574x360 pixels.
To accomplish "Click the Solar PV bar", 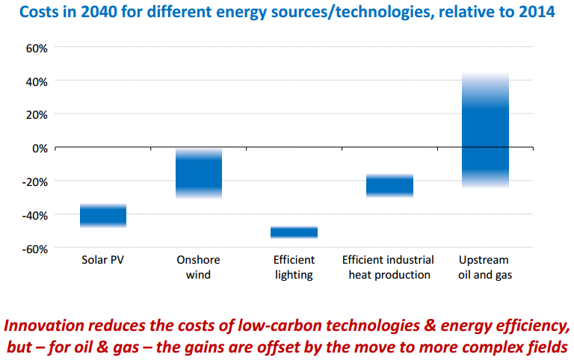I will pyautogui.click(x=103, y=215).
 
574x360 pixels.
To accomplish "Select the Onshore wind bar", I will pyautogui.click(x=198, y=173).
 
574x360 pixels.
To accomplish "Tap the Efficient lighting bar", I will pyautogui.click(x=294, y=232).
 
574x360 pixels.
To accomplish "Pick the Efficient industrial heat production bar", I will pyautogui.click(x=389, y=185).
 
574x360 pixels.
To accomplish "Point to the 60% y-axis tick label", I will pyautogui.click(x=37, y=47).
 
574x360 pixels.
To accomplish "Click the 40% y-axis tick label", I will pyautogui.click(x=37, y=81).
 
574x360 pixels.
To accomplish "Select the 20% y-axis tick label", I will pyautogui.click(x=37, y=114).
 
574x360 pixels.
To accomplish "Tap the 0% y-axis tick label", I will pyautogui.click(x=40, y=148).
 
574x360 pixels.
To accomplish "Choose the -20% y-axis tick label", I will pyautogui.click(x=35, y=181).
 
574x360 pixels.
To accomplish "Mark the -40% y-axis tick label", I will pyautogui.click(x=35, y=215).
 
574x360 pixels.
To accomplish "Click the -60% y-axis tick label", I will pyautogui.click(x=35, y=249).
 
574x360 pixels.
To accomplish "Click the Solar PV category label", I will pyautogui.click(x=103, y=260).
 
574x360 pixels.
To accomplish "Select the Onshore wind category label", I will pyautogui.click(x=198, y=267).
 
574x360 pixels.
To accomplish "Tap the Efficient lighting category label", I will pyautogui.click(x=293, y=267).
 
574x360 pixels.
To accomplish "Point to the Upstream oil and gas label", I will pyautogui.click(x=484, y=267).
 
